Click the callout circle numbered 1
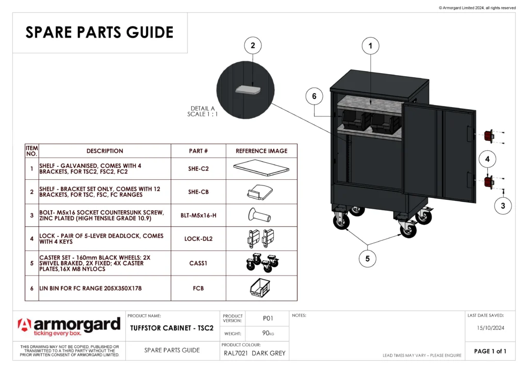click(x=370, y=46)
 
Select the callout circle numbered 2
click(x=252, y=45)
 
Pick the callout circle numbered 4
click(x=487, y=160)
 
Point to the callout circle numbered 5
click(x=367, y=259)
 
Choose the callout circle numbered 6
click(x=314, y=96)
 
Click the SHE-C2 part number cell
click(x=199, y=168)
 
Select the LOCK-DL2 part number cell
click(x=199, y=239)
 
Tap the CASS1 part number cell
click(x=199, y=263)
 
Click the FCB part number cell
click(x=199, y=288)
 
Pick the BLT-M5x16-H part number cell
click(x=199, y=215)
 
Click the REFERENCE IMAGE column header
click(x=261, y=151)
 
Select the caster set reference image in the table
click(x=261, y=263)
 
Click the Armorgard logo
click(x=69, y=327)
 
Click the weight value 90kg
click(x=268, y=333)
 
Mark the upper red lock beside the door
click(x=488, y=136)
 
